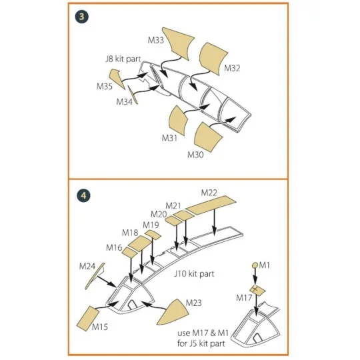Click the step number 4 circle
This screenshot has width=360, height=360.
pos(81,196)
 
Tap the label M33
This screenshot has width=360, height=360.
pos(156,41)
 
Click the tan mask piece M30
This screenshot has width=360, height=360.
pos(213,137)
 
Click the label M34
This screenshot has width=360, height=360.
pos(124,101)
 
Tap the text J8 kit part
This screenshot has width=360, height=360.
pos(123,58)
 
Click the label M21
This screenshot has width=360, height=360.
pos(173,205)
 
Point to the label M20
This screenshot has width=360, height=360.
pos(159,214)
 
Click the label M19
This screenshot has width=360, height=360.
pos(151,225)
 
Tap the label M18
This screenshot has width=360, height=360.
pos(130,233)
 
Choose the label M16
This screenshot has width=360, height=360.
pos(114,247)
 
